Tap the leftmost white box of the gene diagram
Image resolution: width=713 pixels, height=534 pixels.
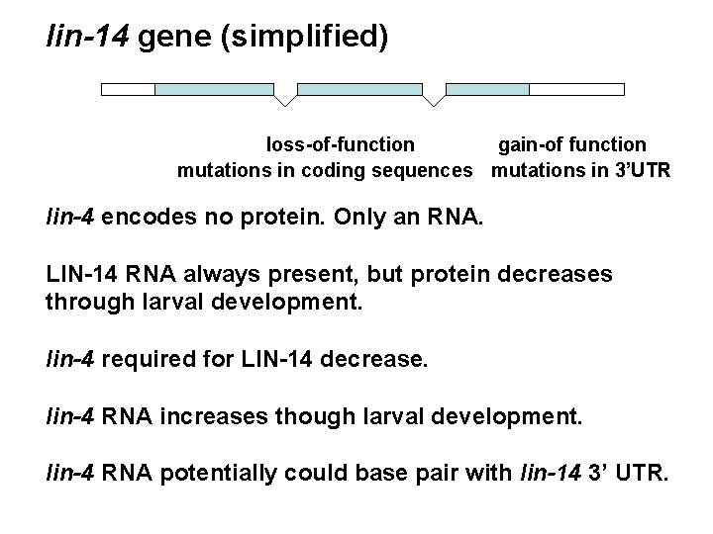(x=129, y=89)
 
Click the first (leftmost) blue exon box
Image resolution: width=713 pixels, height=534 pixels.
(x=214, y=89)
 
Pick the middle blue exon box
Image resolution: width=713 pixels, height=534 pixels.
(x=359, y=89)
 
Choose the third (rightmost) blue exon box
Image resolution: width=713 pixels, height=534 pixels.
(x=487, y=89)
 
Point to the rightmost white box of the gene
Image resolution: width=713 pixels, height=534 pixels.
(x=576, y=89)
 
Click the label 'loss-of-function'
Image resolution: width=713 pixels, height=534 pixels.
(x=341, y=146)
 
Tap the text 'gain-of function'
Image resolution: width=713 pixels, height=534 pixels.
(x=571, y=146)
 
